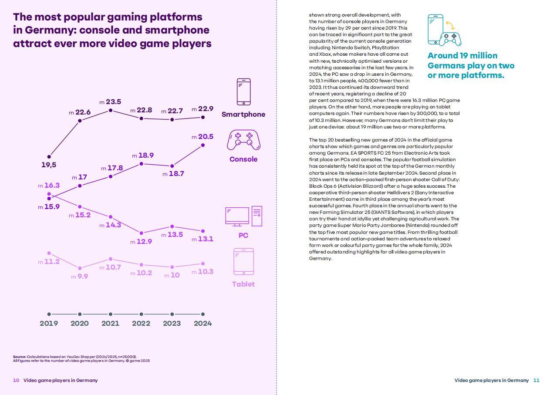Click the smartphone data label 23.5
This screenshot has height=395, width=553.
pos(113,102)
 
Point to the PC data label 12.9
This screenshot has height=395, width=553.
pos(144,241)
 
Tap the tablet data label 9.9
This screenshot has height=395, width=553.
pos(82,276)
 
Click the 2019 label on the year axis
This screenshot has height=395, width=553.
pos(49,323)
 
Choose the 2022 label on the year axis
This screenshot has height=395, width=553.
pos(141,323)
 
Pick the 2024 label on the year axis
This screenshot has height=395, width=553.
pos(202,323)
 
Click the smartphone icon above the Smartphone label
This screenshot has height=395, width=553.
pos(243,92)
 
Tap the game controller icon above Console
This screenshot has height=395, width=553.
pos(243,140)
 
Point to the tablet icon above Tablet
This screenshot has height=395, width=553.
pos(243,261)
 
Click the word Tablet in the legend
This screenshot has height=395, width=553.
pos(243,284)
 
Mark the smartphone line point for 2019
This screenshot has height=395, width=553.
pos(49,157)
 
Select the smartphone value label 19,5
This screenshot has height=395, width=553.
pos(49,165)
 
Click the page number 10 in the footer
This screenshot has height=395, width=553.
pos(16,380)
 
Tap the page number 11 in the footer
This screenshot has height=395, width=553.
pos(536,380)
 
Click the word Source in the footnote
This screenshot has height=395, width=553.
pos(19,356)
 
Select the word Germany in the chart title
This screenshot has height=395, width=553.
pos(46,30)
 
